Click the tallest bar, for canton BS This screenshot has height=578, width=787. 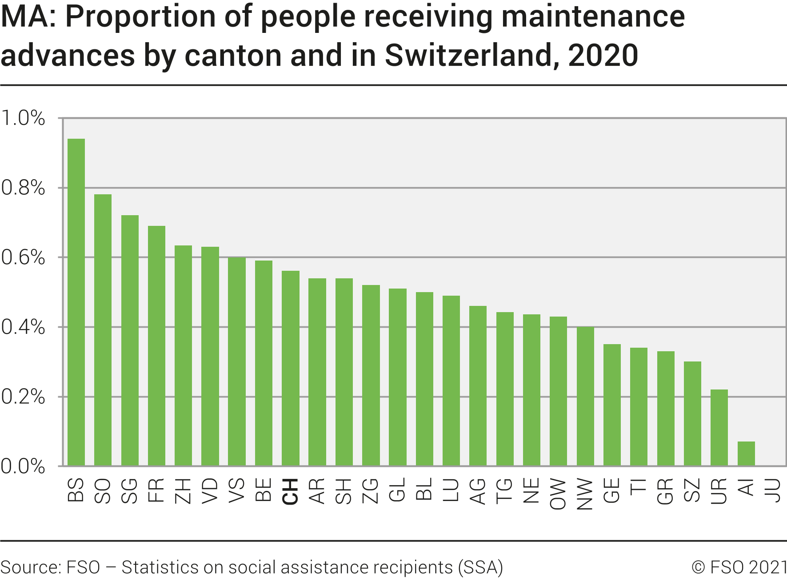tap(76, 302)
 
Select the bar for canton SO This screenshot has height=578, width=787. tap(103, 330)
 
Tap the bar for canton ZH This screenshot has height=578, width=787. tap(183, 356)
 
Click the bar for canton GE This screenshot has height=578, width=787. tap(612, 405)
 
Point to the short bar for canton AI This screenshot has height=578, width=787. tap(746, 454)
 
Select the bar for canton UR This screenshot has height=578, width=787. tap(719, 428)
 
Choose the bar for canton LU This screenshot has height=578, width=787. tap(451, 381)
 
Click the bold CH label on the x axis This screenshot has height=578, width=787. tap(291, 492)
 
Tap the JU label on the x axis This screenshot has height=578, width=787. tap(774, 490)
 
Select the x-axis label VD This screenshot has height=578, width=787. tap(210, 491)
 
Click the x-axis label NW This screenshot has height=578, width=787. tap(585, 494)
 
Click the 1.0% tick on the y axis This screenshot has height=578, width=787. tap(23, 118)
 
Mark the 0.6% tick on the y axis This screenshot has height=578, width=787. tap(23, 257)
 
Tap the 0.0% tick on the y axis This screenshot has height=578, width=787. tap(23, 466)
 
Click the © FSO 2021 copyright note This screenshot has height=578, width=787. tap(739, 567)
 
